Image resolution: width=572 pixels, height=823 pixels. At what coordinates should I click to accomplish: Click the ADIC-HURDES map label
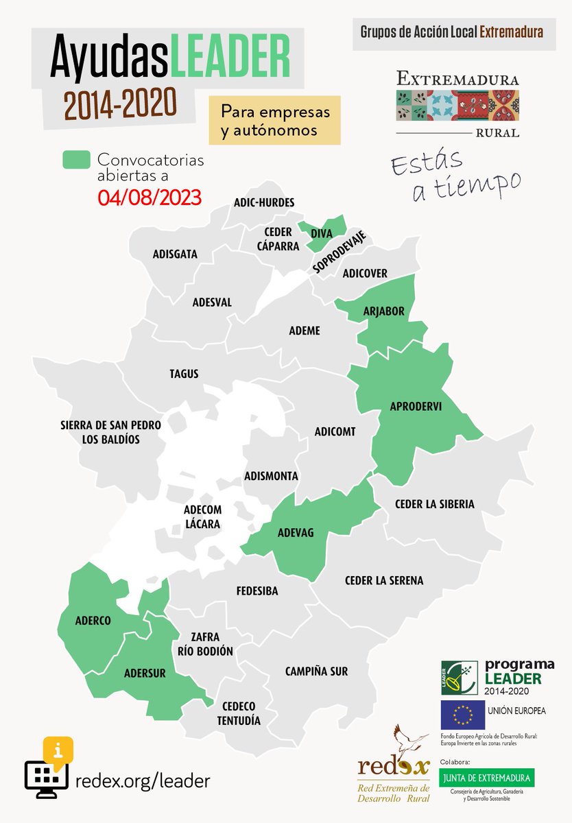tap(264, 202)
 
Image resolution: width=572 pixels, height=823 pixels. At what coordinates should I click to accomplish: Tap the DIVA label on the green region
tap(322, 234)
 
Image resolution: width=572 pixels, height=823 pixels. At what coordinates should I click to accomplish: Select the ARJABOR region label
tap(384, 312)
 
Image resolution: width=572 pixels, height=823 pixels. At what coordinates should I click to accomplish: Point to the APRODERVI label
tap(415, 406)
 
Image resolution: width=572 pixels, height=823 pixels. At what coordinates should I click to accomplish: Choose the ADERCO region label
tap(93, 621)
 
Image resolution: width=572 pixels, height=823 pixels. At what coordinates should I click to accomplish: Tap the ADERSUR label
tap(145, 673)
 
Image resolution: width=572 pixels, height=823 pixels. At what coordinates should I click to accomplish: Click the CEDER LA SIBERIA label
tap(434, 504)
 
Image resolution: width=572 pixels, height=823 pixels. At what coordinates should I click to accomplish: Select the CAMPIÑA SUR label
tap(317, 671)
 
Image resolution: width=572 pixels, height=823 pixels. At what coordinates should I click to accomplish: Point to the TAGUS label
tap(184, 374)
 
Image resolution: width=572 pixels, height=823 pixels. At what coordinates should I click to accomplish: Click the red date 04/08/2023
tap(149, 198)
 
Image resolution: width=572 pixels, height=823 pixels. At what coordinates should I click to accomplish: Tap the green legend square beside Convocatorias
tap(76, 160)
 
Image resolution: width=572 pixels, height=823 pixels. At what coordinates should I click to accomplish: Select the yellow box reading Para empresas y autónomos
tap(275, 121)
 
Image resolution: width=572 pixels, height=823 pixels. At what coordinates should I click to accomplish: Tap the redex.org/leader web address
tap(142, 780)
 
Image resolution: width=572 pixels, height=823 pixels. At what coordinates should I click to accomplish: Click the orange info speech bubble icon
tap(58, 749)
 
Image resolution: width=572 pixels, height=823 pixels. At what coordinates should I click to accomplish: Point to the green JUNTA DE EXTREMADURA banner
tap(487, 778)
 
